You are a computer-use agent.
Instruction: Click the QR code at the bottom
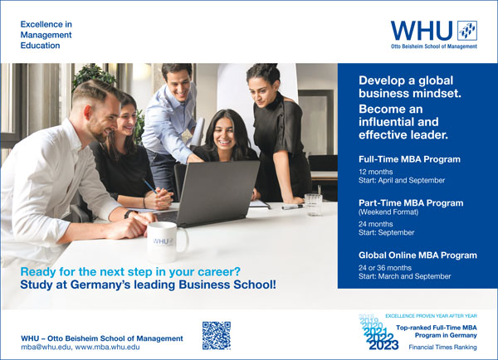[217, 336]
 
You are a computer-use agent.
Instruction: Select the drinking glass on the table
[313, 205]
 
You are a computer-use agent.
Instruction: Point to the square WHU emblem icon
[467, 31]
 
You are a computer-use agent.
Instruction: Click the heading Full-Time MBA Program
[409, 159]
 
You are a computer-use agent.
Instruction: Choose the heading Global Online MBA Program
[417, 255]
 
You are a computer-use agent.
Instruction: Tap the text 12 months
[376, 172]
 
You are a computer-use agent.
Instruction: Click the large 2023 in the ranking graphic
[383, 345]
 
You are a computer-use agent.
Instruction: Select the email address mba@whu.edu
[46, 347]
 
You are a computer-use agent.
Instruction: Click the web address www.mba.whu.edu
[107, 347]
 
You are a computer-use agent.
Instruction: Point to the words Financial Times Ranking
[442, 347]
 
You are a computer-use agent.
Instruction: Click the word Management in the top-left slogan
[46, 35]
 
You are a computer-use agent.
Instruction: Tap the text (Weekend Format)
[388, 212]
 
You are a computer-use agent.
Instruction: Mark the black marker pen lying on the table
[292, 207]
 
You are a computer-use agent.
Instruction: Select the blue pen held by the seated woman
[149, 186]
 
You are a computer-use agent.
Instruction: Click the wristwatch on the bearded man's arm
[128, 214]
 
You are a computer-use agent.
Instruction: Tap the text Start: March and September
[405, 276]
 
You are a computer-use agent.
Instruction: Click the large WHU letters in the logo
[422, 31]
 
